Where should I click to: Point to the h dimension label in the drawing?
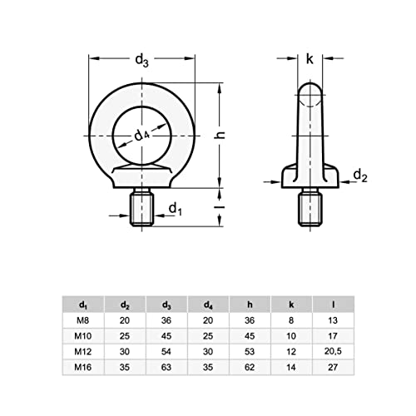point(235,138)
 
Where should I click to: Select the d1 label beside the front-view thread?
point(176,208)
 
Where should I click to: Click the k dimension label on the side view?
point(310,59)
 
